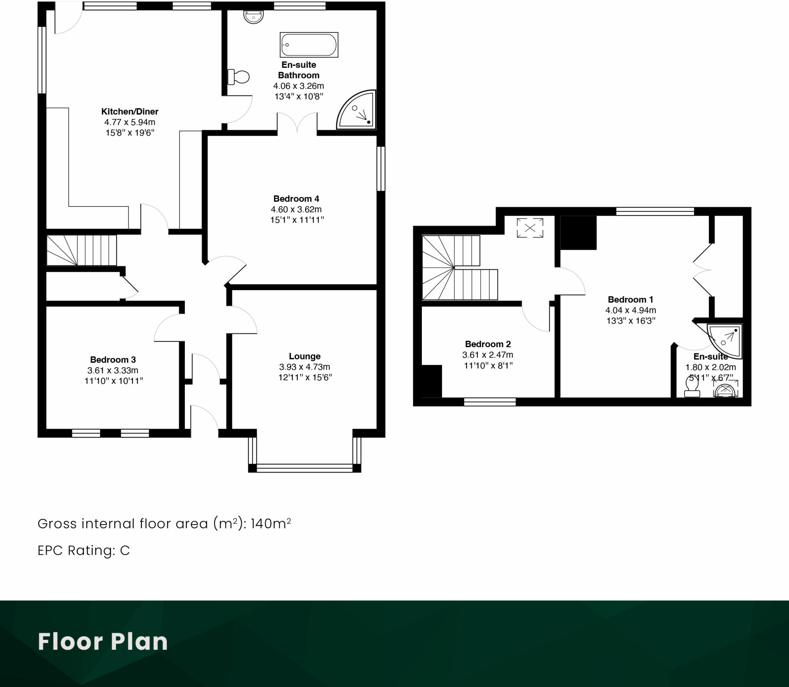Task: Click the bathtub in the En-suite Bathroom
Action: pos(309,45)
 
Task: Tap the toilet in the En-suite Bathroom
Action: pos(238,77)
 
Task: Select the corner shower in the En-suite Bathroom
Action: pos(356,110)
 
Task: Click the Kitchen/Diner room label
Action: pos(130,112)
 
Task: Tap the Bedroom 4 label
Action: pos(296,199)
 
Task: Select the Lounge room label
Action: pos(305,356)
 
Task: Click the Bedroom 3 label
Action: pos(113,360)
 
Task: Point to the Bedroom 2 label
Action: pos(488,344)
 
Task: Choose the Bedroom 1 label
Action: pos(631,300)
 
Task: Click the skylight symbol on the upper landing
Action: pos(530,228)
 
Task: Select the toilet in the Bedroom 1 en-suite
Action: pos(692,387)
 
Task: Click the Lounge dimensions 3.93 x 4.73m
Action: pos(305,367)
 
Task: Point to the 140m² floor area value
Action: pos(270,524)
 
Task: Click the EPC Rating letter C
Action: pos(125,551)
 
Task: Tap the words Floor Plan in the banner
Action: pos(103,642)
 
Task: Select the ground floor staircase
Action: pos(82,250)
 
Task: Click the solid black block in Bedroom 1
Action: pos(578,233)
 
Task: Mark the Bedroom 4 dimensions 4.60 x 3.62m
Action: pos(296,210)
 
